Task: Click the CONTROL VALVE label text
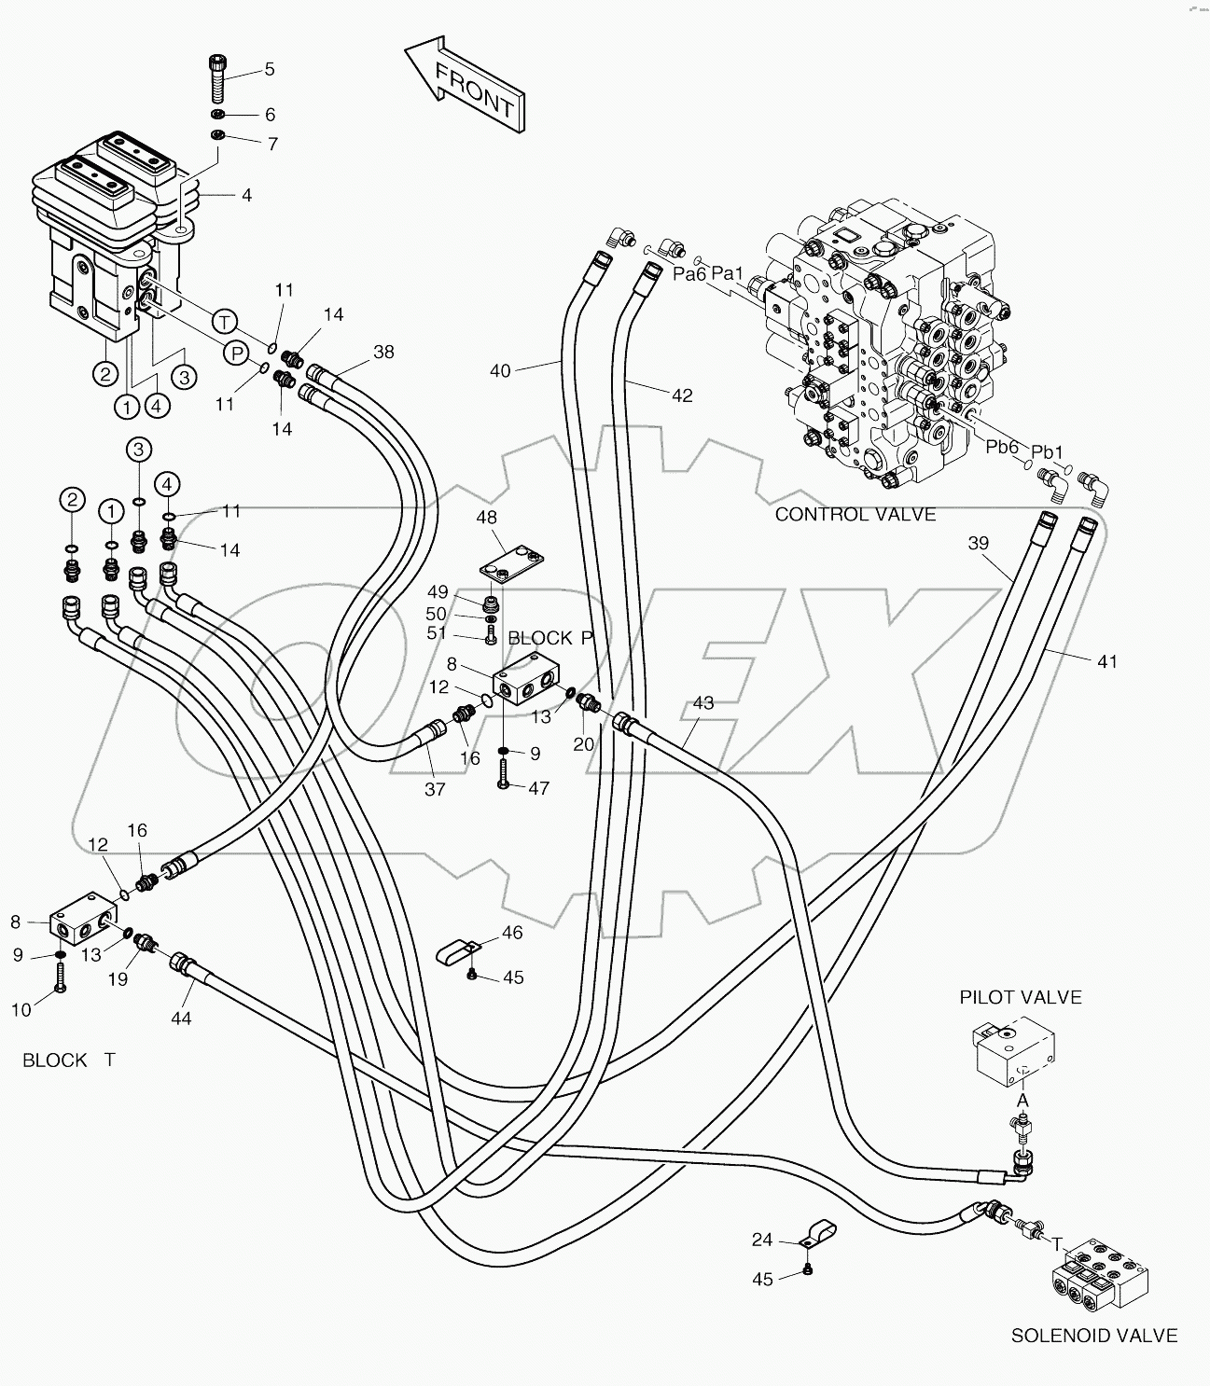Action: click(855, 514)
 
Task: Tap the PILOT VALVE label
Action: click(1021, 997)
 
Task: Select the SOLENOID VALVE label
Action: click(1094, 1336)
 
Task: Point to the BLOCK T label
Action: click(68, 1060)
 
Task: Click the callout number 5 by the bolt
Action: click(270, 68)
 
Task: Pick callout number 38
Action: click(383, 352)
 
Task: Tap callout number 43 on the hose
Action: click(702, 702)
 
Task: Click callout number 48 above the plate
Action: click(486, 517)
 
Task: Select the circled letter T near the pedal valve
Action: click(224, 322)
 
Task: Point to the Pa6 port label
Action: click(690, 273)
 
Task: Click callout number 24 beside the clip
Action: click(763, 1240)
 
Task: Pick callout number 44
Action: click(181, 1019)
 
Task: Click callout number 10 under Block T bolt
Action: click(21, 1009)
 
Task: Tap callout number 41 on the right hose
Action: click(1106, 661)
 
